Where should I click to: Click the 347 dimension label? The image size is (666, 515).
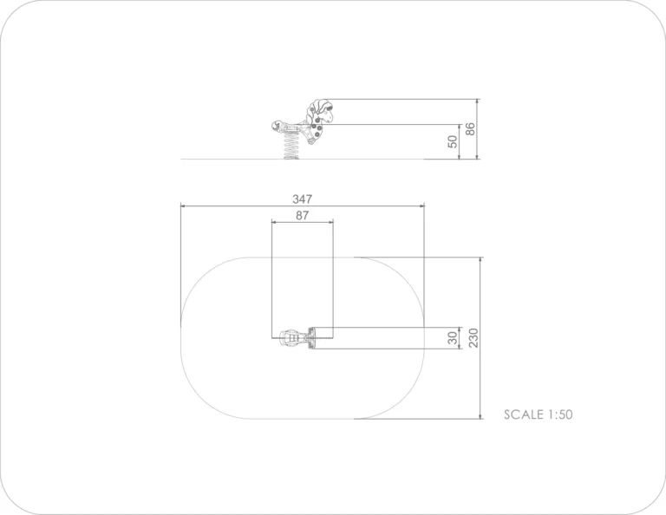(302, 199)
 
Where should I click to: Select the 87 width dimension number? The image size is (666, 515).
(302, 215)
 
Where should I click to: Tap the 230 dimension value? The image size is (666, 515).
(473, 338)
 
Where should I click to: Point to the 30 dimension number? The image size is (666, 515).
(453, 338)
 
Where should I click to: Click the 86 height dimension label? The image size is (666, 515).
(470, 129)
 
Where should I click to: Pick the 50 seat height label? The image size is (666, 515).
(453, 141)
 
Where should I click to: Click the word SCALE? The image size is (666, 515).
(524, 414)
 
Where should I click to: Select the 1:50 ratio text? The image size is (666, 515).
(560, 414)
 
